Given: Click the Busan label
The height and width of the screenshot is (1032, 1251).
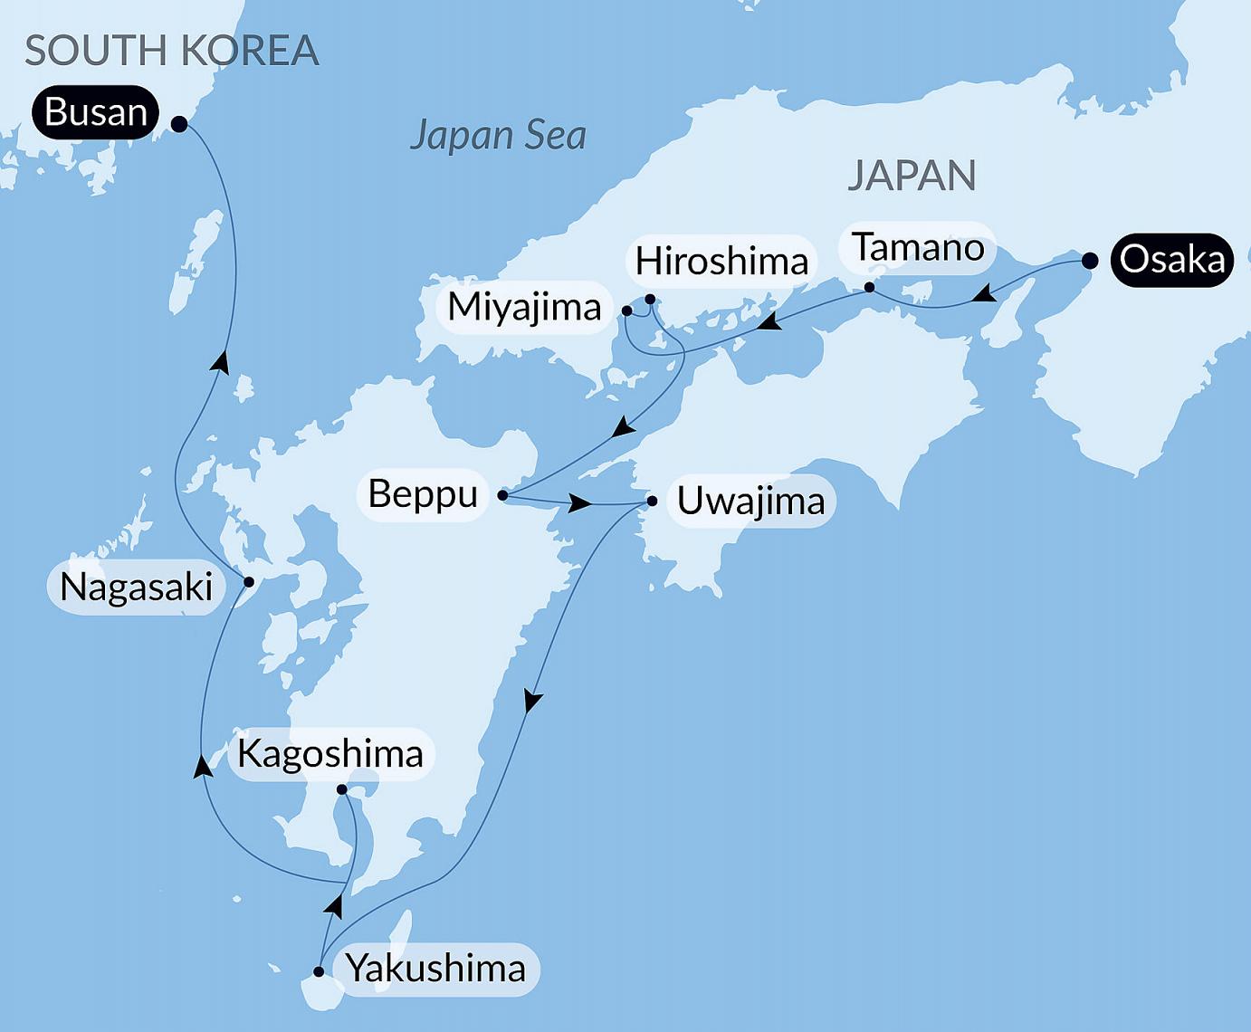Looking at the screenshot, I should [x=95, y=112].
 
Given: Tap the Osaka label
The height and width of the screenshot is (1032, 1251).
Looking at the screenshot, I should [x=1171, y=260].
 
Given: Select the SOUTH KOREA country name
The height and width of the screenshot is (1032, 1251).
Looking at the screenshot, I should [x=171, y=51].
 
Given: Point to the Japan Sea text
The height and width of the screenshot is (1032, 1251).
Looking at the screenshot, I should [x=498, y=136].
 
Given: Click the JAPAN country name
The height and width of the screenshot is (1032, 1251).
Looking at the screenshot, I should [x=912, y=176].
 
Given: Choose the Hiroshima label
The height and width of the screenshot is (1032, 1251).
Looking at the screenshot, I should [x=721, y=262].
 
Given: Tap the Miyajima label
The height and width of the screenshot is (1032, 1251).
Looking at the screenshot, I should [x=524, y=308].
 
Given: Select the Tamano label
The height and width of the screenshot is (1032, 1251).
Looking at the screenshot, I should [x=918, y=247].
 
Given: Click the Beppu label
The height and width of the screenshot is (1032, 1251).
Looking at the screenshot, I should [x=423, y=494].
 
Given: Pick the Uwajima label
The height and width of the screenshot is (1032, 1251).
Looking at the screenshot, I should [x=750, y=501].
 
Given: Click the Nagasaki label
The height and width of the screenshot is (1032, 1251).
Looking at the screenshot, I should [x=136, y=588].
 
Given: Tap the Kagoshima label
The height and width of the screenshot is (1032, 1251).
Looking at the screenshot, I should [x=330, y=753].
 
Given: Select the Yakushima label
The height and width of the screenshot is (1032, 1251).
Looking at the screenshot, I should [x=435, y=969].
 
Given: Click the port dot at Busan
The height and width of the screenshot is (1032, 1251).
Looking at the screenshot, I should [x=179, y=125].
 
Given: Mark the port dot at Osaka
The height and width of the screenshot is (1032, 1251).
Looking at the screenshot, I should [x=1090, y=261].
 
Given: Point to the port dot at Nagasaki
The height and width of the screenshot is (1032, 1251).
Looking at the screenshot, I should [x=249, y=582].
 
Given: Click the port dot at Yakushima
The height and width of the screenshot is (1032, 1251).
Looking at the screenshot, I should [x=319, y=972].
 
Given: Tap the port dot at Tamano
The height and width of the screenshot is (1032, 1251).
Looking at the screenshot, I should [x=869, y=288].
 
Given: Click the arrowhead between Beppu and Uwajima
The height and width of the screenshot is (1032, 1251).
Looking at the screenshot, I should [x=580, y=503].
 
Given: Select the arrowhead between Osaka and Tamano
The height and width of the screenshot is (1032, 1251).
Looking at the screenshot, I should [x=986, y=293].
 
